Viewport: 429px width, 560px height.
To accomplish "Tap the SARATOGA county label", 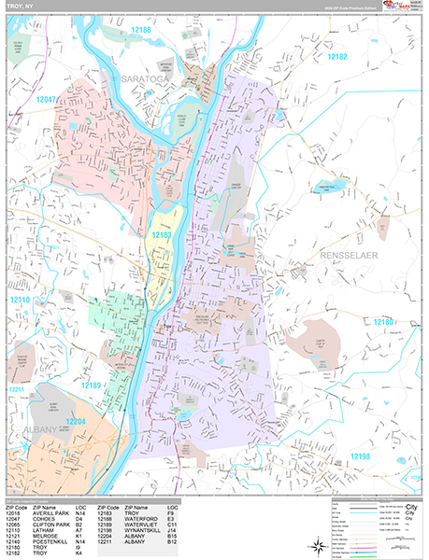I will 146,82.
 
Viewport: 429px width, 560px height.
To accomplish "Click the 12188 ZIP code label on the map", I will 139,33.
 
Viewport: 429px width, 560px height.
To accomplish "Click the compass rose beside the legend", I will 319,544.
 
